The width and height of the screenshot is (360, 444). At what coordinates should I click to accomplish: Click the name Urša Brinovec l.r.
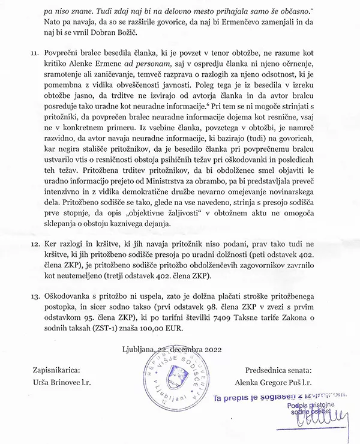pos(61,382)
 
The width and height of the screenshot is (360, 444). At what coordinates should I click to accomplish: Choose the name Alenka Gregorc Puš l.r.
pos(282,382)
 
